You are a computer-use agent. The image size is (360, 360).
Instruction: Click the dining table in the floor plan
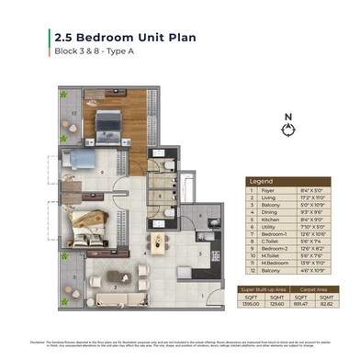click(160, 244)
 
